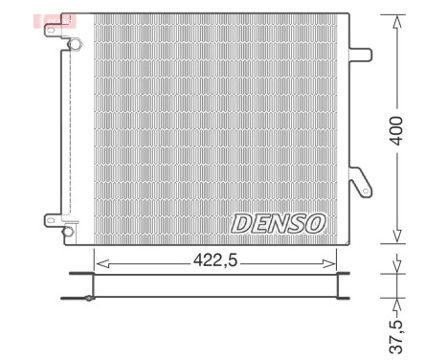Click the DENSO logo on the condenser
click(x=279, y=223)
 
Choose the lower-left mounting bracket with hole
click(x=52, y=218)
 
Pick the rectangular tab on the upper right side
click(x=361, y=55)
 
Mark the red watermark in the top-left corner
click(x=44, y=20)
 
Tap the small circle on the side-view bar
click(x=89, y=298)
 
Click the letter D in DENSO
click(x=240, y=223)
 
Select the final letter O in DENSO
click(x=315, y=223)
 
